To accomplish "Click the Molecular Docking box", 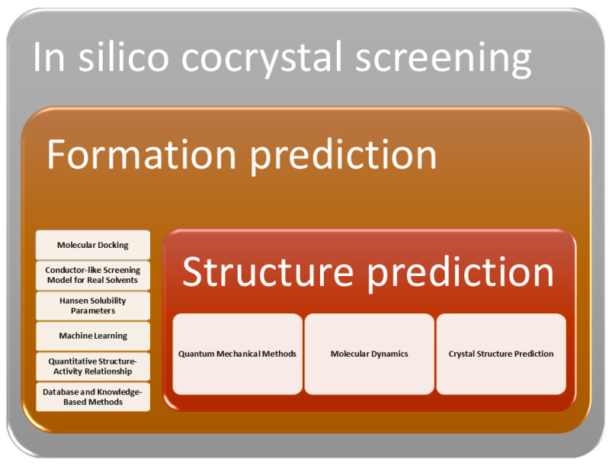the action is click(x=93, y=245).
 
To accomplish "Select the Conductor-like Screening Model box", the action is click(x=93, y=275).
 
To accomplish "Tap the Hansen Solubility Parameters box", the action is click(x=93, y=306).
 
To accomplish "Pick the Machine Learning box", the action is click(x=93, y=336).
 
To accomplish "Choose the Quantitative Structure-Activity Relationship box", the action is click(x=93, y=366).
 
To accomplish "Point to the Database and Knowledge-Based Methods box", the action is click(x=93, y=397).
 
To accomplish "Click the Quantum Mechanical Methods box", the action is click(x=237, y=354).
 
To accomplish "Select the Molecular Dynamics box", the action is click(x=370, y=354).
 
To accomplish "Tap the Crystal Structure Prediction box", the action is click(x=501, y=354).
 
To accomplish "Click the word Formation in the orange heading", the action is click(x=141, y=154).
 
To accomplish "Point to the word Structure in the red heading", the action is click(x=268, y=271).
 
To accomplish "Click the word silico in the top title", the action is click(x=123, y=56).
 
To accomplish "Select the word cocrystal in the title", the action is click(x=261, y=58).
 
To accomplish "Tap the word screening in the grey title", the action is click(x=443, y=59).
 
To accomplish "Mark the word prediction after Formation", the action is click(x=343, y=156).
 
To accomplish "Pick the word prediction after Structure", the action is click(x=460, y=274).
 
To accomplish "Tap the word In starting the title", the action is click(x=49, y=56).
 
